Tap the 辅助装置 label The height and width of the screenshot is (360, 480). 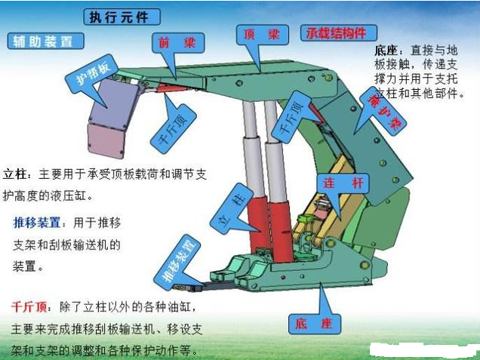(x=44, y=42)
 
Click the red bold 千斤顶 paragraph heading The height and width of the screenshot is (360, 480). (x=29, y=308)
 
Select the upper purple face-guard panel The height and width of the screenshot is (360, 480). (x=113, y=102)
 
